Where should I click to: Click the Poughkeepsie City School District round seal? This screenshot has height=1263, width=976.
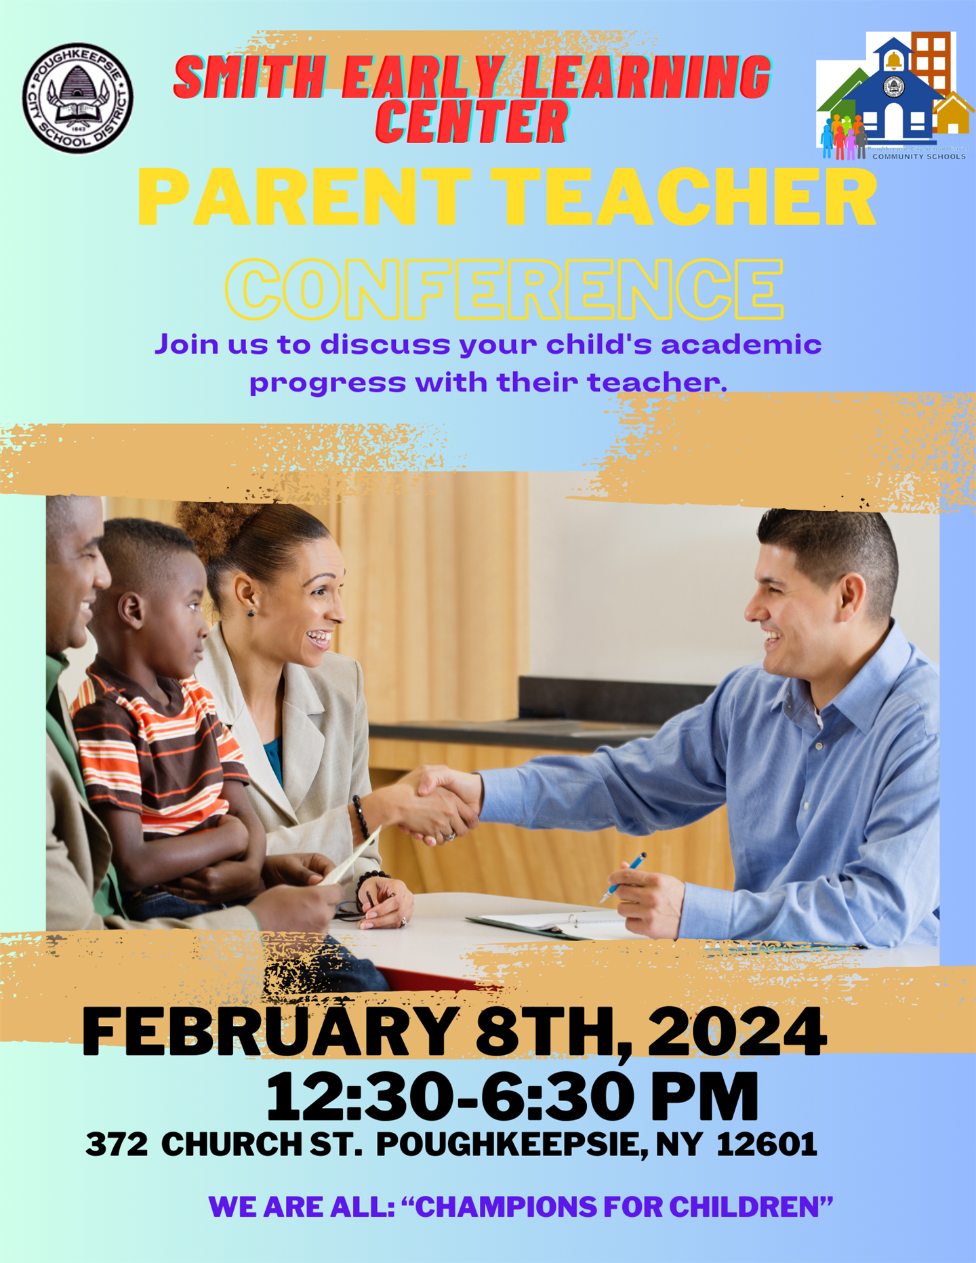coord(78,98)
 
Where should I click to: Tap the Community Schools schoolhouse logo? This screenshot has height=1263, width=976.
coord(893,96)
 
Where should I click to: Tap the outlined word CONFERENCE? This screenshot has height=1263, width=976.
coord(504,289)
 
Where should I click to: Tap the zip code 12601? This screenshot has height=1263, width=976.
coord(767,1144)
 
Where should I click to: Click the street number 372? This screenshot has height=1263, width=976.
coord(117,1145)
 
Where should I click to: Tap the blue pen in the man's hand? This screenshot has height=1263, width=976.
coord(624,877)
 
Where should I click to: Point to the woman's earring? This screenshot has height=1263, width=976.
coord(251,613)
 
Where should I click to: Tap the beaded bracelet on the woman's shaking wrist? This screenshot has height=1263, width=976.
coord(360,816)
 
